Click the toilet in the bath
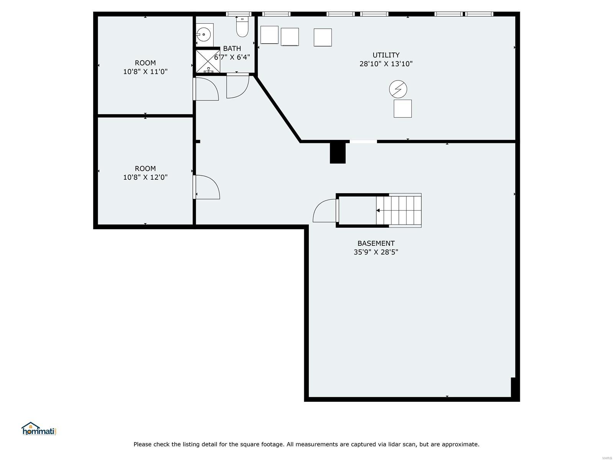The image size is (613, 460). (x=242, y=28)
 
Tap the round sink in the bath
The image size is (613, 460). (x=203, y=34)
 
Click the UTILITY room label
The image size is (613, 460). (x=386, y=55)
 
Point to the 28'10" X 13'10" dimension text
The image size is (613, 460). (x=386, y=64)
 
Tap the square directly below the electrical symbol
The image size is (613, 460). (x=402, y=108)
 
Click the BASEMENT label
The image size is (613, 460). (x=376, y=243)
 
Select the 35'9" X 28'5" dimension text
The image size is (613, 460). (x=376, y=252)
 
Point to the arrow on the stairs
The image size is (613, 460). (x=378, y=210)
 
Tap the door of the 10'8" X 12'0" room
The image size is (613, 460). (x=207, y=187)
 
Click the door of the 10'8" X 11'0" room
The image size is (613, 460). (x=207, y=89)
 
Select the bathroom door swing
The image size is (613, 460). (x=238, y=86)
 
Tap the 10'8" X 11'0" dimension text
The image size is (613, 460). (x=145, y=72)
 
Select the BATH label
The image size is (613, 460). (x=232, y=49)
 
